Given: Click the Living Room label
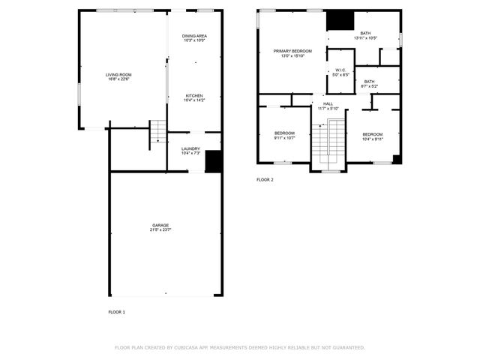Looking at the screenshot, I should pos(118,74).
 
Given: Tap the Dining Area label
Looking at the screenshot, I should pos(194,36).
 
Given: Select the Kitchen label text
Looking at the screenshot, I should pos(194,95).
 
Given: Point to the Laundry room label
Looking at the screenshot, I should pos(190,148).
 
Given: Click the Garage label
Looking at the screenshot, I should pos(160,225).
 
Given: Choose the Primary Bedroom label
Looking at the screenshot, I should pos(292,51).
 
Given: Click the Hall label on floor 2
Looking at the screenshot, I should pos(328,104).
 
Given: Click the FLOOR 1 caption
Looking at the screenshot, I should pos(116,311).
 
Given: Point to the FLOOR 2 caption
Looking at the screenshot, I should pos(265,180).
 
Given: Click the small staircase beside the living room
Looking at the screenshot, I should pos(157,133).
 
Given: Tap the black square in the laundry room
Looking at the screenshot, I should pos(213,161).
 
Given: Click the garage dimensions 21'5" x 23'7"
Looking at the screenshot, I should pos(160,229).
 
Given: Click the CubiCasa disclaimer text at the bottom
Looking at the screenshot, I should pos(239,347).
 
